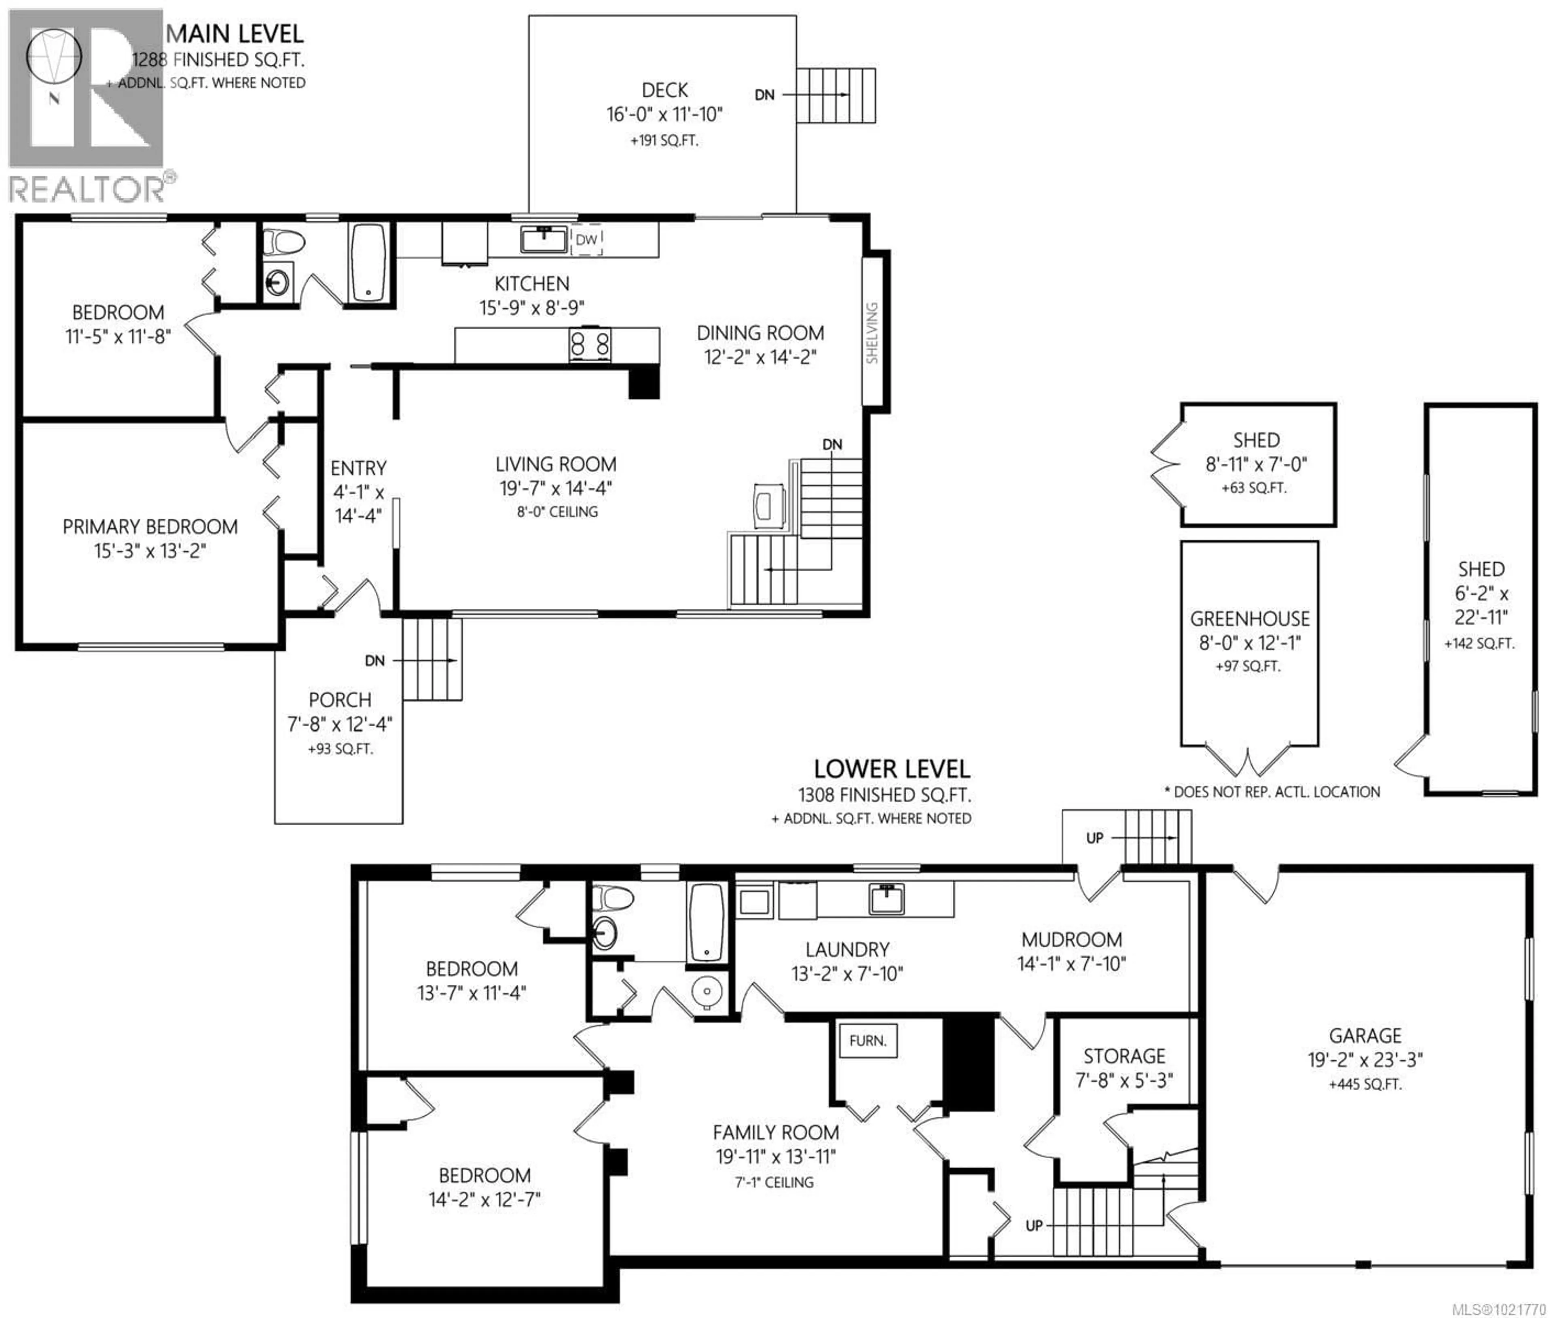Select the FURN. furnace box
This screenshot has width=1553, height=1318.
pos(867,1040)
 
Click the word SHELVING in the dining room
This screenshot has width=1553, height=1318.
pos(872,333)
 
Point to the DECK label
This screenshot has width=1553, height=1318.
pos(664,90)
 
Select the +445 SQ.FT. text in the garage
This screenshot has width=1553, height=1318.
pos(1365,1084)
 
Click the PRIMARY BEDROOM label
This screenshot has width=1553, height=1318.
pos(150,527)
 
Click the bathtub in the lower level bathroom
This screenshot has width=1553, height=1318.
pos(706,922)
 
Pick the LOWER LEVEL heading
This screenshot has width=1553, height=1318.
pos(891,769)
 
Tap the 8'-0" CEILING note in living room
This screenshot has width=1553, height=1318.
pos(557,512)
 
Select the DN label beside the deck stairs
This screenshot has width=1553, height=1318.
pos(764,95)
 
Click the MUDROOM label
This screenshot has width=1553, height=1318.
pos(1071,939)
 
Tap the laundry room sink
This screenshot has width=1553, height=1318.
pos(887,899)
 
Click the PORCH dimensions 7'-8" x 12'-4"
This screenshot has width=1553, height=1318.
pos(339,724)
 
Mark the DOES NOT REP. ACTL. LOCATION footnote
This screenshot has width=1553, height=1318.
pos(1272,792)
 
